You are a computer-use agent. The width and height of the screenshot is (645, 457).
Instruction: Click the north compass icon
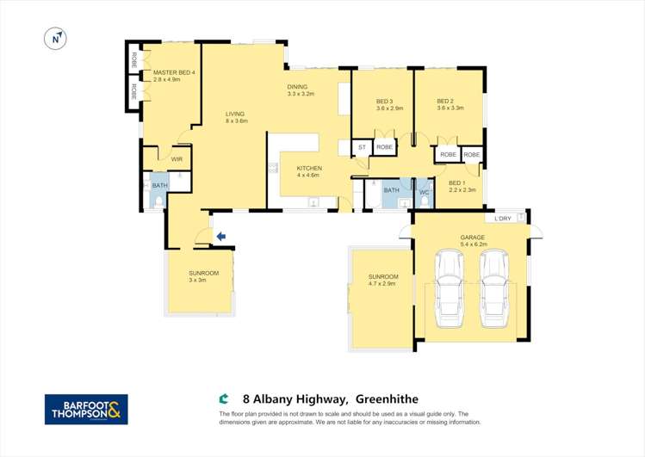pyautogui.click(x=55, y=38)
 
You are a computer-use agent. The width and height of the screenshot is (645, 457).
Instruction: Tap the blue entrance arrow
pyautogui.click(x=220, y=236)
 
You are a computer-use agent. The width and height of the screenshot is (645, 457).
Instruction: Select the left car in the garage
pyautogui.click(x=449, y=288)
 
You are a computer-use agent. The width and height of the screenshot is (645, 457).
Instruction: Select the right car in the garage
pyautogui.click(x=494, y=288)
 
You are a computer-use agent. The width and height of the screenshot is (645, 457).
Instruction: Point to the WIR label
pyautogui.click(x=177, y=159)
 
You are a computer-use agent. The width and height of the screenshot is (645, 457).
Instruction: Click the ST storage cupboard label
pyautogui.click(x=363, y=147)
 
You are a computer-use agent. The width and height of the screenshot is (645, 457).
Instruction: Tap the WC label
pyautogui.click(x=423, y=190)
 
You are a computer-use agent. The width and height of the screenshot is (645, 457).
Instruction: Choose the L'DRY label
pyautogui.click(x=503, y=219)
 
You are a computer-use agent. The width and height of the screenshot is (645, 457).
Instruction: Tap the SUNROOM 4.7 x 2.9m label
pyautogui.click(x=381, y=278)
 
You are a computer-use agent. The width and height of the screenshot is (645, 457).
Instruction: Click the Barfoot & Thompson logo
pyautogui.click(x=86, y=409)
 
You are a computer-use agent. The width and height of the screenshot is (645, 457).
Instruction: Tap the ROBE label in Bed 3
pyautogui.click(x=385, y=147)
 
